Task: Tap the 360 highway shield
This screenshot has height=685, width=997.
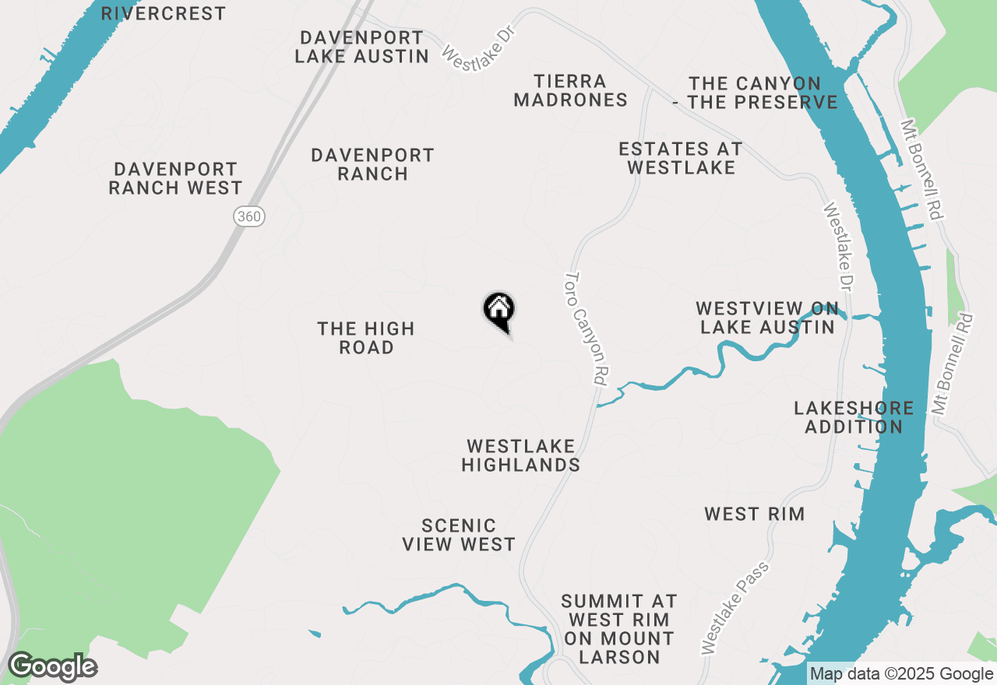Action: (249, 216)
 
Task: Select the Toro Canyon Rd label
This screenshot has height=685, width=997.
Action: (586, 328)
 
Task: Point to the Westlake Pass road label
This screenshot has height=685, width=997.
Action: (735, 607)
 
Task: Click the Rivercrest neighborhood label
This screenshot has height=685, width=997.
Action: (164, 13)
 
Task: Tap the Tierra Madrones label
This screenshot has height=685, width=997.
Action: (570, 90)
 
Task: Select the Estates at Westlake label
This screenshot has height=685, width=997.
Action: (681, 158)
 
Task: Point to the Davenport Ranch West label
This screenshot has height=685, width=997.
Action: (175, 178)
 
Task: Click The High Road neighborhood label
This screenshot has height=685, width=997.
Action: (366, 338)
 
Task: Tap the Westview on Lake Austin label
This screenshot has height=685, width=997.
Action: (767, 318)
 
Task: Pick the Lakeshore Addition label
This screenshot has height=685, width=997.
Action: (854, 417)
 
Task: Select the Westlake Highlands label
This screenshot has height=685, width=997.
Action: (520, 455)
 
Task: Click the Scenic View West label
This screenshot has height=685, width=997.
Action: (459, 535)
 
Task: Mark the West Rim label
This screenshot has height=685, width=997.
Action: (754, 514)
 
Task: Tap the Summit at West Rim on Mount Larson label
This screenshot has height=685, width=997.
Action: (619, 629)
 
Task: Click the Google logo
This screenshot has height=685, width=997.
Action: (52, 667)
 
